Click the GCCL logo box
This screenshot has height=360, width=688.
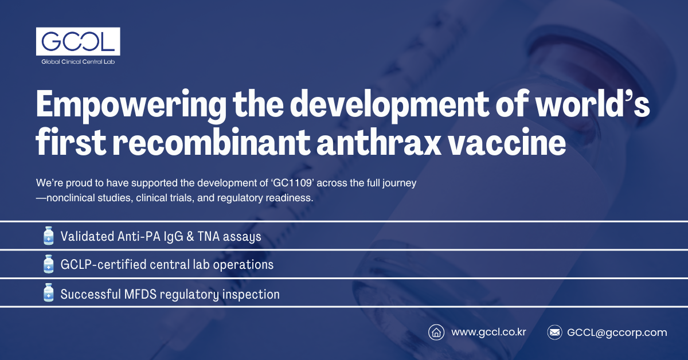click(x=78, y=41)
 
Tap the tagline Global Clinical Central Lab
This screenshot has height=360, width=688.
click(x=78, y=62)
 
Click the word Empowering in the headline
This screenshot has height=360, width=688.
click(x=131, y=105)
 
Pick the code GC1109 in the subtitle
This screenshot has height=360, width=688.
click(x=293, y=183)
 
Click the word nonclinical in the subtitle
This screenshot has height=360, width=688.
click(x=71, y=198)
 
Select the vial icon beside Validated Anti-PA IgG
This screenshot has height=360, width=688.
click(x=49, y=236)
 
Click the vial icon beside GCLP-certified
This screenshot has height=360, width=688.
click(x=49, y=264)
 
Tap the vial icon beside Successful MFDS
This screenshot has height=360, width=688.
click(x=49, y=292)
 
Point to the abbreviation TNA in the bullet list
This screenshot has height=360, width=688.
click(x=209, y=237)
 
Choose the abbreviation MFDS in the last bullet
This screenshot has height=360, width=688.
click(x=140, y=294)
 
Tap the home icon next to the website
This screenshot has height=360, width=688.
click(x=436, y=332)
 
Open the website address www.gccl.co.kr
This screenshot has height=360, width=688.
click(x=488, y=332)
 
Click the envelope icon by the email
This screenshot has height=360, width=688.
click(x=555, y=332)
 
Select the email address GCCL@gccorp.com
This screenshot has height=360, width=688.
click(x=617, y=332)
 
